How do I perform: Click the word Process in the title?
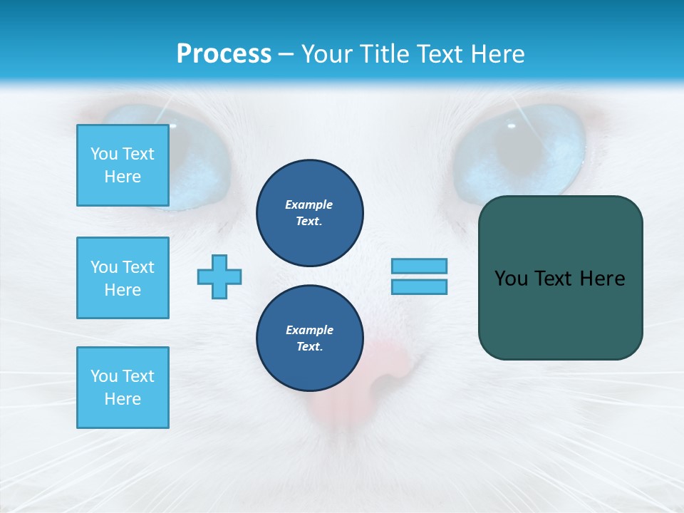[224, 54]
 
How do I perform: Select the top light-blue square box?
[123, 165]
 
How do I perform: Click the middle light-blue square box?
[123, 278]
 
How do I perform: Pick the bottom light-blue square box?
[123, 388]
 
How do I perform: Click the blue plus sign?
[219, 276]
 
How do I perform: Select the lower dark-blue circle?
[309, 338]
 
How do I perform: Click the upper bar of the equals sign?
[419, 266]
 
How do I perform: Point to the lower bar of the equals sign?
[419, 286]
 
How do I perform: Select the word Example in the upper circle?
[309, 204]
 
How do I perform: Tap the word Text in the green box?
[556, 279]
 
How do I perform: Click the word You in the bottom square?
[103, 376]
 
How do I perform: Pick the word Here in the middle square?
[123, 290]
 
